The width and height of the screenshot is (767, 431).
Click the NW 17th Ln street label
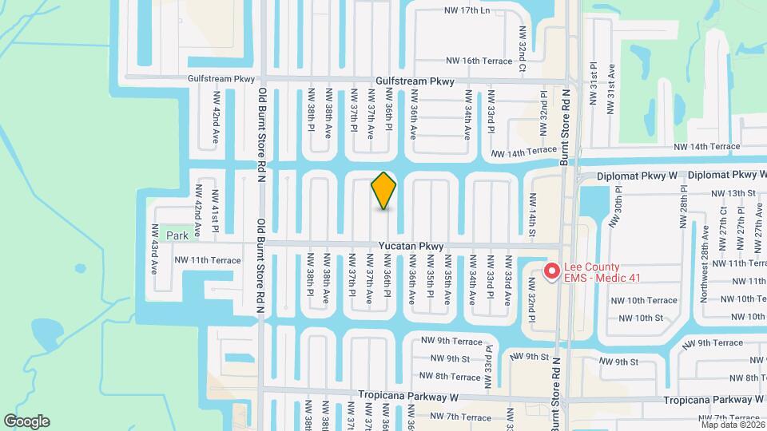click(x=467, y=11)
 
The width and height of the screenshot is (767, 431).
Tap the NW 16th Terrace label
click(x=479, y=61)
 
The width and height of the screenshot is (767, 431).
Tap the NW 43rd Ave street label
click(x=154, y=249)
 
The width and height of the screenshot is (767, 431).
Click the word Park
click(x=177, y=235)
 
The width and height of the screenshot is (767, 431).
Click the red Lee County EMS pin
click(x=551, y=271)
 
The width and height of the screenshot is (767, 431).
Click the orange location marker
click(x=383, y=190)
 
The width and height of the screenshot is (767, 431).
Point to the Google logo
click(x=26, y=421)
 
